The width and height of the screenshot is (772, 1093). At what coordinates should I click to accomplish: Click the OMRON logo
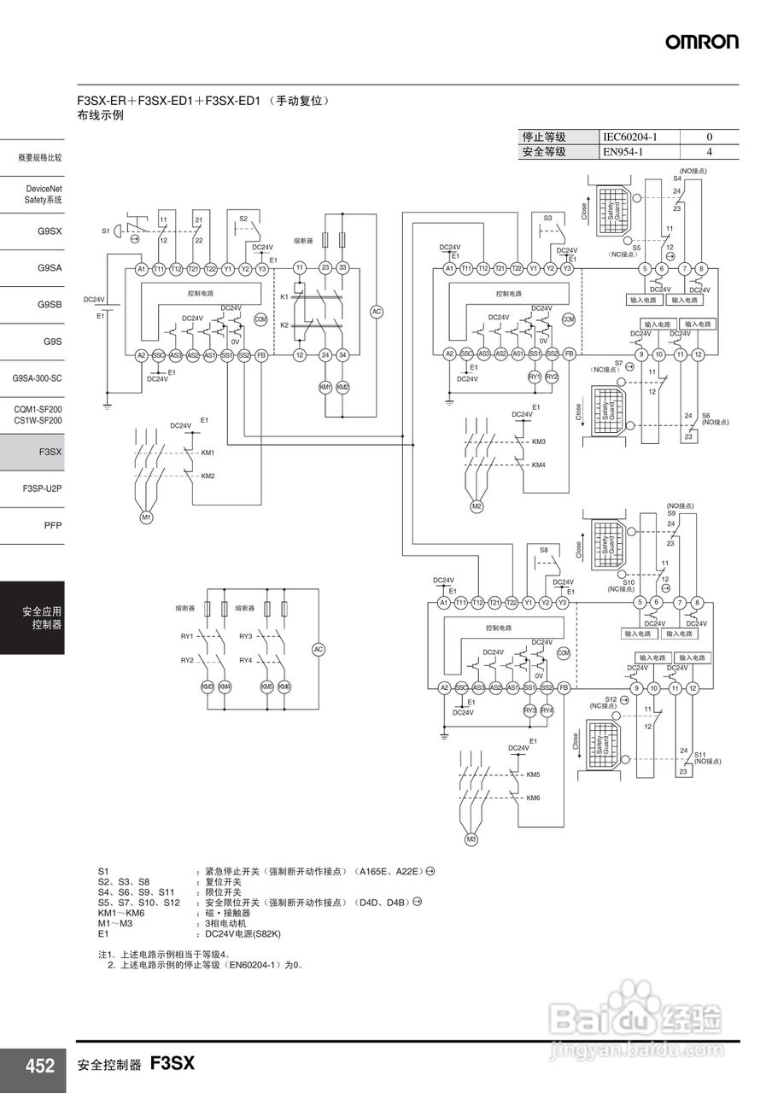click(x=702, y=42)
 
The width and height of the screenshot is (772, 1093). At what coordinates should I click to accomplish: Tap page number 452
click(x=39, y=1066)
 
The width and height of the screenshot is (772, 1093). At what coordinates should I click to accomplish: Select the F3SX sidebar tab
click(x=50, y=451)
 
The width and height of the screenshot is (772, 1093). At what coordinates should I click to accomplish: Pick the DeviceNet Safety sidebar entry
click(x=44, y=194)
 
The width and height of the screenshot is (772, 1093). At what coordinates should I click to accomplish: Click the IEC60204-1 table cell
click(x=630, y=137)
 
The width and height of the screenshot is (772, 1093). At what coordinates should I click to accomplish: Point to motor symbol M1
click(x=146, y=517)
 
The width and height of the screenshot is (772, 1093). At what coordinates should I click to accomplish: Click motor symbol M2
click(x=477, y=506)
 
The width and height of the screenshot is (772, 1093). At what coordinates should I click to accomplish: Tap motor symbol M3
click(x=471, y=840)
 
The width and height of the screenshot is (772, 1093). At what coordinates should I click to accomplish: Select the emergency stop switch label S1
click(x=106, y=231)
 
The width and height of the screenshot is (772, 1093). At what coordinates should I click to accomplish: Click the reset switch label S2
click(x=243, y=219)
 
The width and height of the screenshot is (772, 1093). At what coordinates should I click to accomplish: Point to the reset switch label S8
click(x=544, y=551)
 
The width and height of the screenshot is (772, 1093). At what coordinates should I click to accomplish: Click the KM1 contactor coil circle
click(x=325, y=388)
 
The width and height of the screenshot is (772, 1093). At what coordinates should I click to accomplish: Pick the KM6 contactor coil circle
click(x=285, y=687)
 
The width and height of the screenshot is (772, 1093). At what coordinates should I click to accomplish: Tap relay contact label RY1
click(x=187, y=636)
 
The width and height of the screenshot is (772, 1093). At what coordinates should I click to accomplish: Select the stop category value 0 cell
click(x=709, y=137)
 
